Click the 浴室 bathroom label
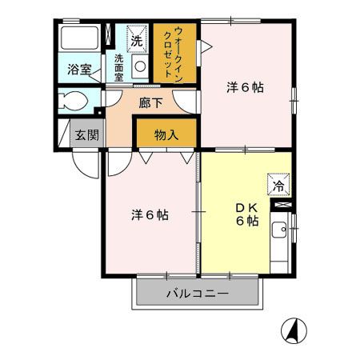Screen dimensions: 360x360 [x=78, y=70]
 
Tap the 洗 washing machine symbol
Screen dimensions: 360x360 [x=137, y=39]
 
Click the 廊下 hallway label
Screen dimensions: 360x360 [x=150, y=102]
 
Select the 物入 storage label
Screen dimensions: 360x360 [x=166, y=135]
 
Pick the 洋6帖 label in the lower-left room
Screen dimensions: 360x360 [x=150, y=214]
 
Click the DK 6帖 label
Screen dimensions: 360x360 [x=246, y=214]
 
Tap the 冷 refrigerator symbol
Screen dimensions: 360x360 [x=279, y=186]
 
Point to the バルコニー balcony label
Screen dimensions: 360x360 [x=197, y=294]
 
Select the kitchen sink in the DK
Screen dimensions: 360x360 [x=279, y=234]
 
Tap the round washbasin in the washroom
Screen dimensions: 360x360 [x=139, y=69]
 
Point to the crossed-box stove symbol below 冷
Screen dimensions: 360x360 [x=279, y=206]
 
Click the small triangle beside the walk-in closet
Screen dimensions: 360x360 [x=205, y=46]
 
